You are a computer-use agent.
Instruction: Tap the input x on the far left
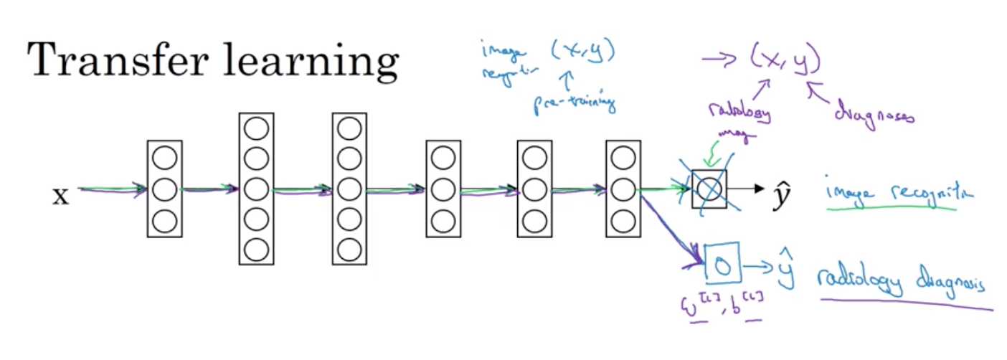point(60,196)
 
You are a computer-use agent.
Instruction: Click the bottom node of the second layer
point(256,250)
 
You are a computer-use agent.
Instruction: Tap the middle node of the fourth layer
point(443,189)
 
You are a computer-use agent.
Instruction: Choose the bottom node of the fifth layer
point(534,219)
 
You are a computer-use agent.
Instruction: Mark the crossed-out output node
point(709,189)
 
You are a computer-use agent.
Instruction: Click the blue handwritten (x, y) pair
point(584,52)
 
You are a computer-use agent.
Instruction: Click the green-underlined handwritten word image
point(846,193)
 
